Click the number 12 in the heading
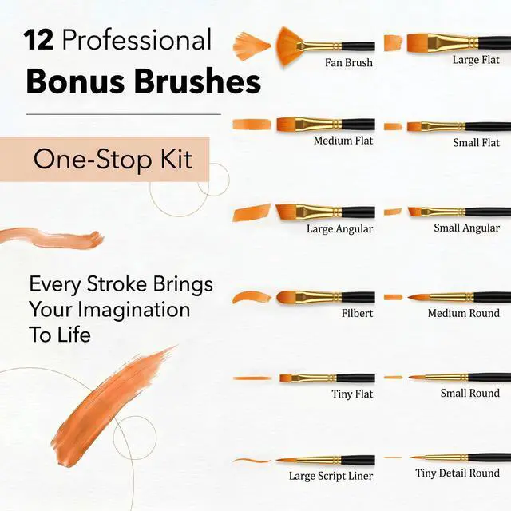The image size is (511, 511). click(x=38, y=40)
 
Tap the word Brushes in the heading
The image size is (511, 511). click(x=197, y=81)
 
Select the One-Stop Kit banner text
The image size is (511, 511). click(x=113, y=160)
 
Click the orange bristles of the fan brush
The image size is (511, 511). click(x=289, y=46)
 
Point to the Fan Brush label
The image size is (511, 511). click(x=349, y=62)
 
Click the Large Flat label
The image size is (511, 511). click(x=476, y=60)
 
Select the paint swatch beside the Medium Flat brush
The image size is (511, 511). click(x=252, y=125)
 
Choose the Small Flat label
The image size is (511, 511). click(x=476, y=142)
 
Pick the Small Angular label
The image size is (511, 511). click(x=466, y=228)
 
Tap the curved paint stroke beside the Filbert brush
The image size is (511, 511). click(x=252, y=297)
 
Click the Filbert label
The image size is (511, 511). click(x=357, y=314)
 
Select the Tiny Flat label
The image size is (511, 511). click(x=352, y=394)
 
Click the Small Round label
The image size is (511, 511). click(x=470, y=393)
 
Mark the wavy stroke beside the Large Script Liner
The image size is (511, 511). click(x=252, y=461)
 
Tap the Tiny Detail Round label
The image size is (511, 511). click(x=458, y=473)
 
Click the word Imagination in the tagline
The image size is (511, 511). click(x=133, y=310)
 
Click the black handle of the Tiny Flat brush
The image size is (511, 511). click(x=355, y=378)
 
